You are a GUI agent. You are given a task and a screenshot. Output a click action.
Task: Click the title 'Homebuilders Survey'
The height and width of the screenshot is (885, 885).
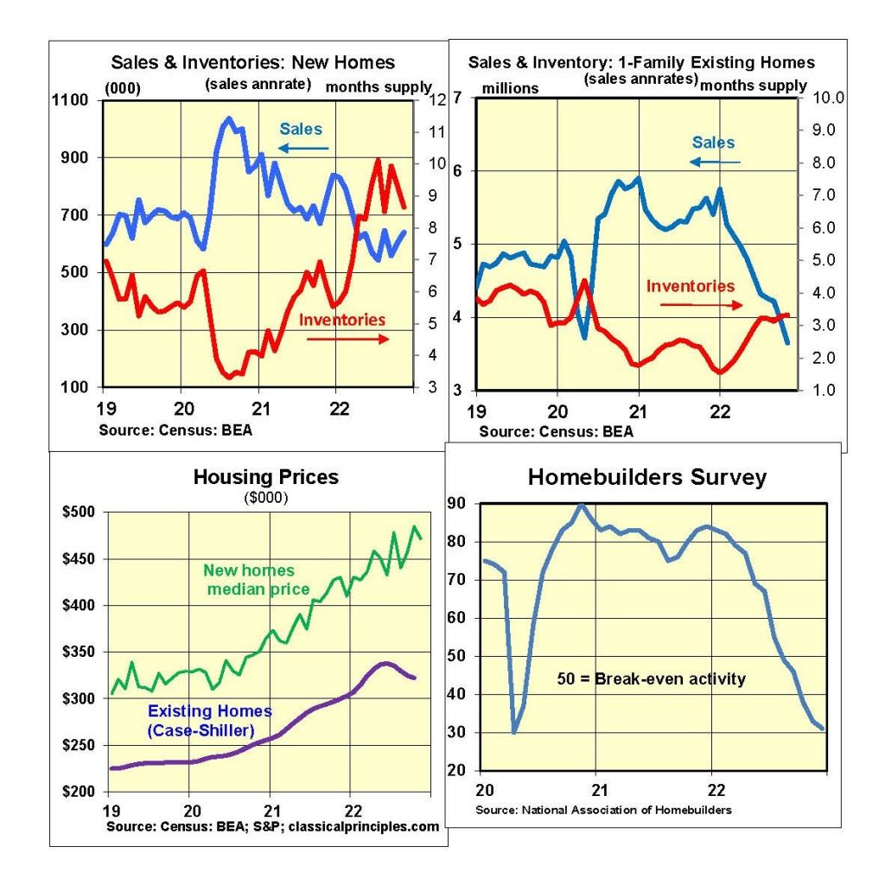[646, 477]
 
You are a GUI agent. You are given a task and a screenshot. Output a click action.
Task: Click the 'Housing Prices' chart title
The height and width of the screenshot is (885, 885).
[266, 477]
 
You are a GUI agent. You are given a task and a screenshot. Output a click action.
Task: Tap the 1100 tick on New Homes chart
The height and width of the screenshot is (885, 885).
[70, 100]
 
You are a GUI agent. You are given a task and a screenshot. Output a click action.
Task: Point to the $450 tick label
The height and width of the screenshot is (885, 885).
[79, 559]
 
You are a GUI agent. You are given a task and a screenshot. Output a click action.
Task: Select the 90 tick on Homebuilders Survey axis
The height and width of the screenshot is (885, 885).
[456, 503]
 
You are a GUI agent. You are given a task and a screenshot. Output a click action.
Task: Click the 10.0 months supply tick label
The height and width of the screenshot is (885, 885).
[828, 98]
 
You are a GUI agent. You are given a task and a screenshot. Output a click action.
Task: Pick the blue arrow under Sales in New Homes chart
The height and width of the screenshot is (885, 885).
[303, 148]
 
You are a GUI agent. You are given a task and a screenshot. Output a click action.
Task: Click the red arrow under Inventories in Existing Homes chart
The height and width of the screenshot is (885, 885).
[701, 305]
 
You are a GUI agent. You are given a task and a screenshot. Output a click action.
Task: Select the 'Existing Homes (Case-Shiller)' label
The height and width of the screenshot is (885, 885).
[209, 721]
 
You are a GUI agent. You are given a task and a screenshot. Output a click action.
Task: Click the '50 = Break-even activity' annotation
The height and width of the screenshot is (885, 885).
[652, 678]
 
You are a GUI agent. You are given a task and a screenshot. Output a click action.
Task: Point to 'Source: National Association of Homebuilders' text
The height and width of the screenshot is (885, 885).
[603, 810]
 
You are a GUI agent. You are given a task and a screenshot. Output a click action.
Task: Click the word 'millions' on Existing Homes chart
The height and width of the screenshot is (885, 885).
[510, 89]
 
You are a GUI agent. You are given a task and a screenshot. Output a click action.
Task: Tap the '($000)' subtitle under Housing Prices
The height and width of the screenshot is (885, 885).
[266, 497]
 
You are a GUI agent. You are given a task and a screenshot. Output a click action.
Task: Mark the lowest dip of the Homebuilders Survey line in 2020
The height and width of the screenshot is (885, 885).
[514, 731]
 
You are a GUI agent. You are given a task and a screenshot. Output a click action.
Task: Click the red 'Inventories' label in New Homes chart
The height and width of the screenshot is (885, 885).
[342, 320]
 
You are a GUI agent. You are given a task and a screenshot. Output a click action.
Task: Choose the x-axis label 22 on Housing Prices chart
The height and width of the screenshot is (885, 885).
[353, 811]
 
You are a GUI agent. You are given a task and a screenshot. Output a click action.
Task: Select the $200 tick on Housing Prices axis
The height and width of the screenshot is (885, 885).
[79, 792]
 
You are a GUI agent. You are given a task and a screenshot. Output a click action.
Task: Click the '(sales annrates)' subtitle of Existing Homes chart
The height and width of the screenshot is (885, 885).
[641, 80]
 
